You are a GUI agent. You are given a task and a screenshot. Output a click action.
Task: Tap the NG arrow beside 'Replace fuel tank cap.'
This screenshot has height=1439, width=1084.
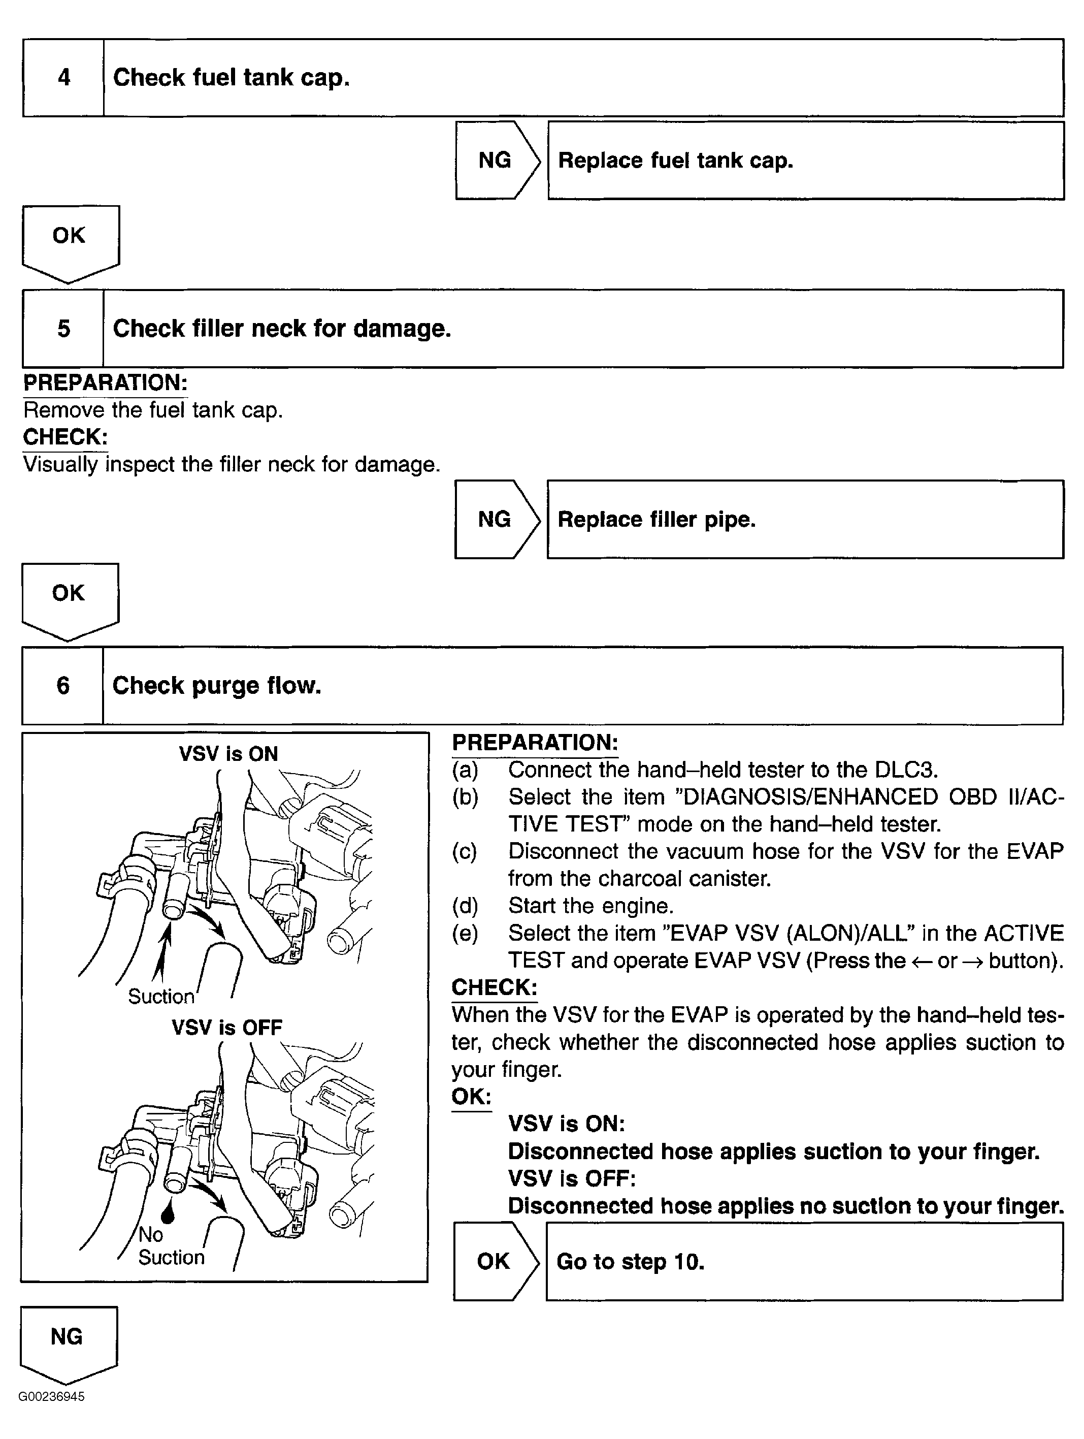point(496,160)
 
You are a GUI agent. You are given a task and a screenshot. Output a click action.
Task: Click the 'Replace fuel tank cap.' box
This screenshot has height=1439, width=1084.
point(805,160)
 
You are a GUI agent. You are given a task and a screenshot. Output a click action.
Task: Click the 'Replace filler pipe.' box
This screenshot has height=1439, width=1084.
point(805,519)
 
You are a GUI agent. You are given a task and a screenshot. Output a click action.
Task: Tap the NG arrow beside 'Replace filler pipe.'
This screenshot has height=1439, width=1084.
point(495,519)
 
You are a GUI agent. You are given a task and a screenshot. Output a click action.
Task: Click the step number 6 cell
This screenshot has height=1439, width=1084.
point(62,686)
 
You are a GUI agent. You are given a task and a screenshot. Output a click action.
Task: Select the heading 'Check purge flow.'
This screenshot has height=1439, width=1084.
point(216,686)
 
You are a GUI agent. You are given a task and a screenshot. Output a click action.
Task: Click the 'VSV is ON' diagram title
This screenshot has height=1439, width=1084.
point(228,753)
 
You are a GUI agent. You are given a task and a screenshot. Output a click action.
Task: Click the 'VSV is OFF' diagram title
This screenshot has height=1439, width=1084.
point(227,1027)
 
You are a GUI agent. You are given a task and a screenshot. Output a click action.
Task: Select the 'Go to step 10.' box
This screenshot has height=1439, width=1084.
point(804,1261)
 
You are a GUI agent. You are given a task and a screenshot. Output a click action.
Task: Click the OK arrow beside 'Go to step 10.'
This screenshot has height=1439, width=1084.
point(494,1261)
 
